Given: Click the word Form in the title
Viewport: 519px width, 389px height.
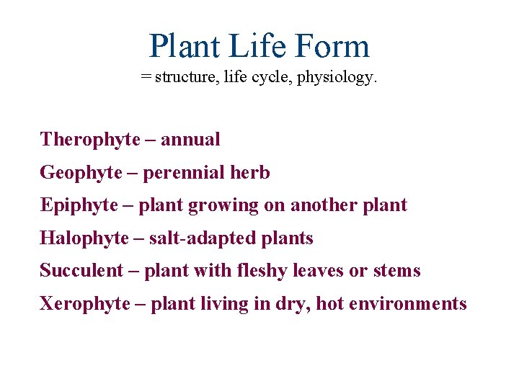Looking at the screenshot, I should [x=334, y=46].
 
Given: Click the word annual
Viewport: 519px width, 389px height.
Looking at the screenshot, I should [x=190, y=140].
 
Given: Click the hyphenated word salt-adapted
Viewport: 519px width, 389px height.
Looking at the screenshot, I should [x=192, y=238].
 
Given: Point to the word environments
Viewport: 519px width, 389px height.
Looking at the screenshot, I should [x=408, y=304].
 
